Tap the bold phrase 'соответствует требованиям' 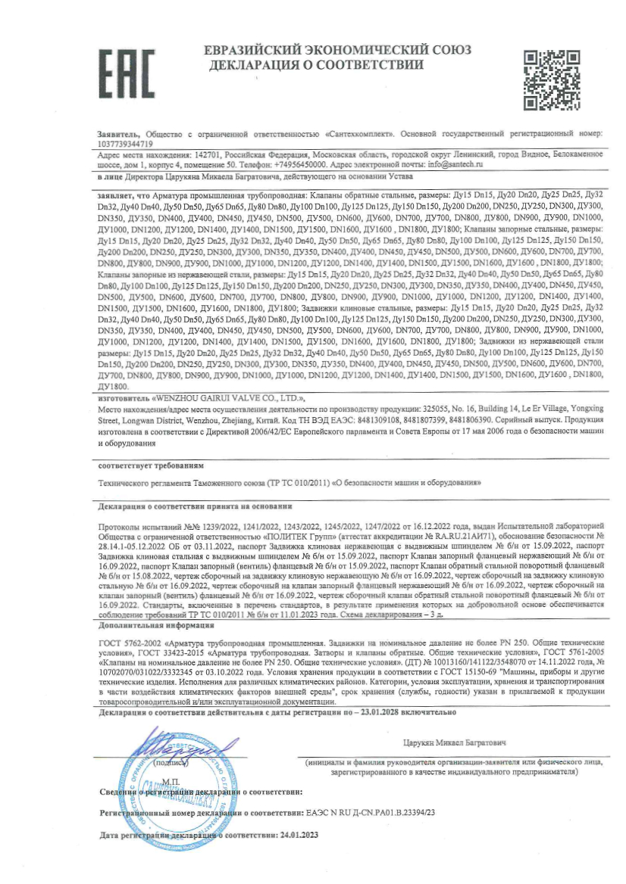point(152,464)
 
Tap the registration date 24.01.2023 point(298,836)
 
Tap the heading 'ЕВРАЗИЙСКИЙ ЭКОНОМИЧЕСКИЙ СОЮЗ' point(338,50)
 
